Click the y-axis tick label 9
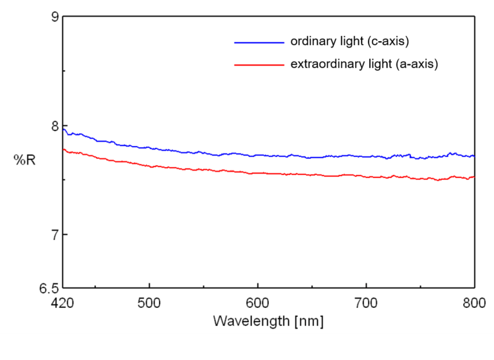(55, 17)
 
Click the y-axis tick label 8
(55, 126)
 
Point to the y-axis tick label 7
(55, 235)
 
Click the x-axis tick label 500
(149, 304)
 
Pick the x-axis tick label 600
(257, 304)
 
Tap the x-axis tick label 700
(366, 304)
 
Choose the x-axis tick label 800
(474, 304)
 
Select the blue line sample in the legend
(259, 42)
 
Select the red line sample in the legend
(259, 65)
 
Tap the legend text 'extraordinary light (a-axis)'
(364, 64)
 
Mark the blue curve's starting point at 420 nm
(63, 129)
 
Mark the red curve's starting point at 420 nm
(63, 149)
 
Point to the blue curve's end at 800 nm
(474, 156)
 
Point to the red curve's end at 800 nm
(474, 177)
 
